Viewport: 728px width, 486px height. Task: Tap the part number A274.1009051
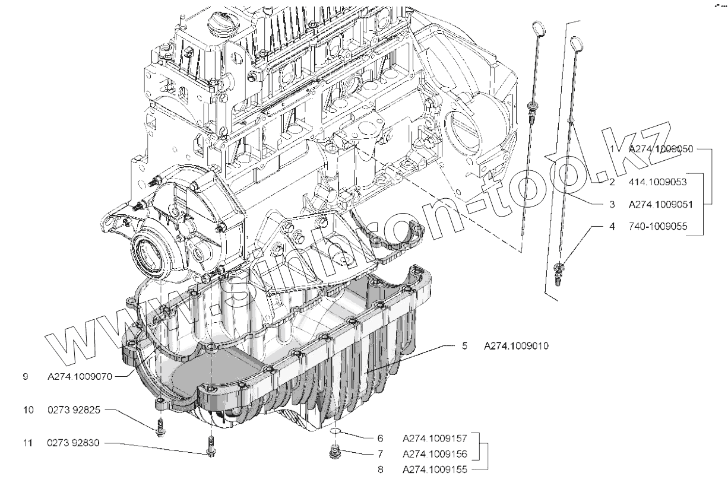(662, 204)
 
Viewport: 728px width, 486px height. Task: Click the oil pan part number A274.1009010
(514, 345)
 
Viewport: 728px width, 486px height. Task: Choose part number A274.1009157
(435, 439)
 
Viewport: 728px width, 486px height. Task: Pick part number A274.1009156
(435, 455)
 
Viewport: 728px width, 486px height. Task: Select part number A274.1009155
(435, 470)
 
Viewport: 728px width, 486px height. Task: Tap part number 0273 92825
(75, 410)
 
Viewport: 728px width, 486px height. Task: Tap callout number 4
(612, 226)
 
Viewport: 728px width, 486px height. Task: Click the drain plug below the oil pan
(336, 453)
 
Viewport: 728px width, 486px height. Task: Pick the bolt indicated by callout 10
(160, 428)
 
